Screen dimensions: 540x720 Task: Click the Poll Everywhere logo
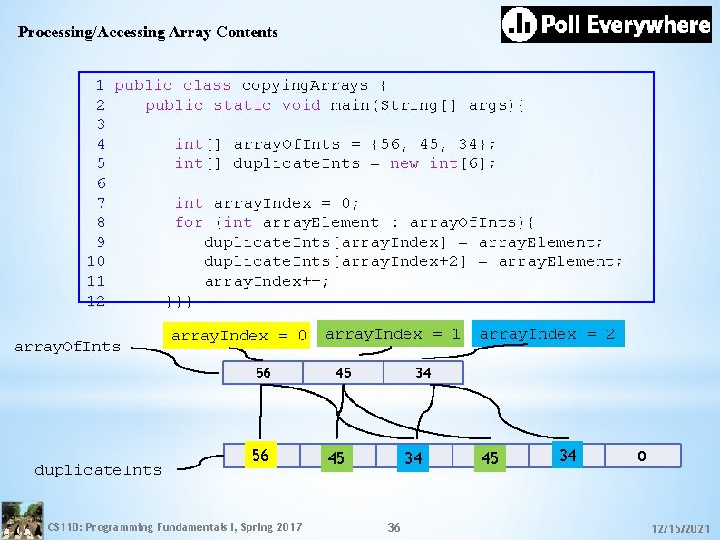(607, 25)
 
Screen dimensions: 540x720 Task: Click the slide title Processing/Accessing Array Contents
(148, 33)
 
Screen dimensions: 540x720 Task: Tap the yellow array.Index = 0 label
(238, 336)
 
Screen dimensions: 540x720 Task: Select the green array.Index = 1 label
(393, 333)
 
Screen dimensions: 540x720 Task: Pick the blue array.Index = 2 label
(547, 334)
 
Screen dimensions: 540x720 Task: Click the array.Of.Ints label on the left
(67, 346)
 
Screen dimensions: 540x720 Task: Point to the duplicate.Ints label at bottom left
(98, 469)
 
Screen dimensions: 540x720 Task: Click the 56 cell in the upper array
(263, 373)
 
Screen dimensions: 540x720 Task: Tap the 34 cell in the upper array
(423, 373)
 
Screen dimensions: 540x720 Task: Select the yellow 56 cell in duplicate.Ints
(260, 456)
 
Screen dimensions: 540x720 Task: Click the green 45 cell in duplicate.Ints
(336, 458)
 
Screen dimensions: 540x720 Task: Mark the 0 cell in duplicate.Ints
(641, 457)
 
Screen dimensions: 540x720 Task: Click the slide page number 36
(394, 527)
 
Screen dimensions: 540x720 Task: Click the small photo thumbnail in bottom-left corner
(22, 521)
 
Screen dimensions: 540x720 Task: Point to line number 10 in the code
(95, 261)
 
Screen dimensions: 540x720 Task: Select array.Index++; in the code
(267, 281)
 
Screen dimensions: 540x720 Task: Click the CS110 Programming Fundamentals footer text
(175, 526)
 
